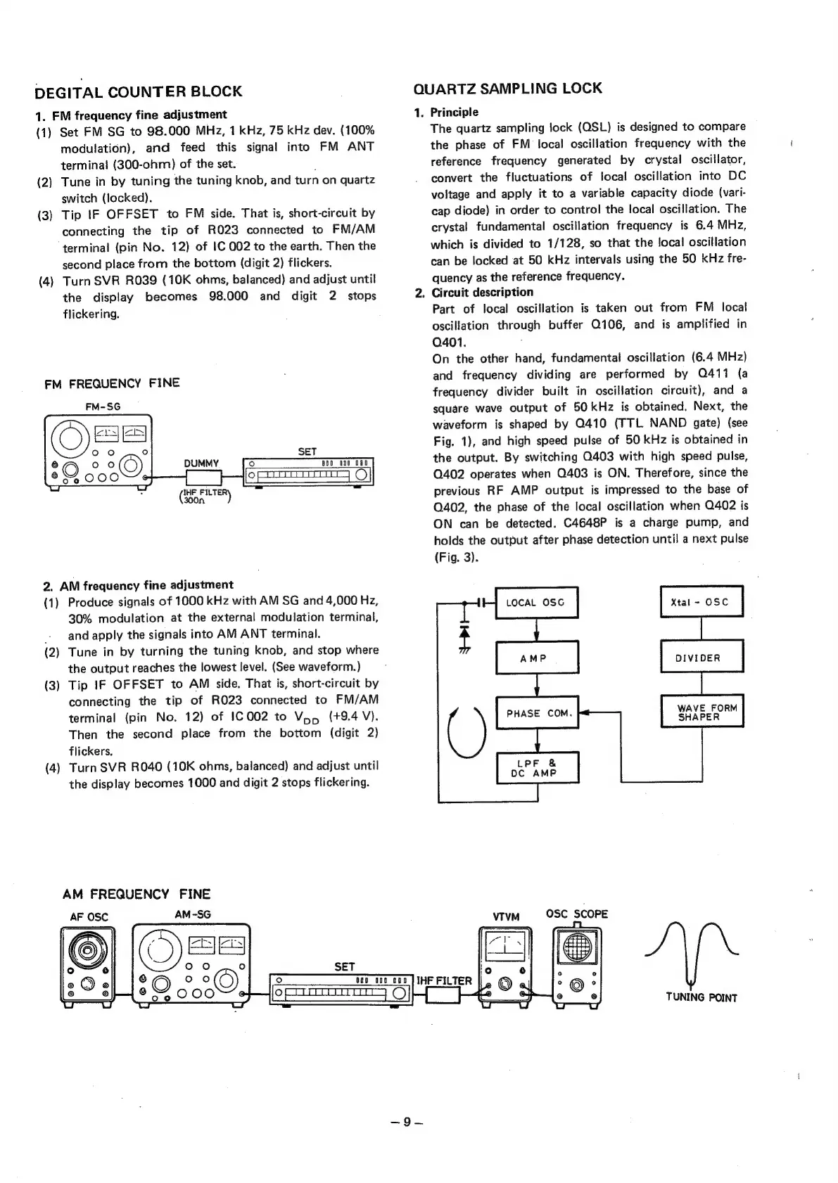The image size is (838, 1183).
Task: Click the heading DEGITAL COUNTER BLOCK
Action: tap(139, 91)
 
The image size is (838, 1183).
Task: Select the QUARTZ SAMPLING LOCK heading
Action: tap(508, 89)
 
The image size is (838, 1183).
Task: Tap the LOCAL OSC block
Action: tap(536, 602)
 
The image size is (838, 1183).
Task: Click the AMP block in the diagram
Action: tap(536, 658)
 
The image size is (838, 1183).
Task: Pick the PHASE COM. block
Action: tap(536, 713)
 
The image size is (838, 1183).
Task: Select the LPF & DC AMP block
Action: tap(536, 768)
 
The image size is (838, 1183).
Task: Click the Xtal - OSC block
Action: tap(701, 602)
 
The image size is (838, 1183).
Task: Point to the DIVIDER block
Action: tap(701, 658)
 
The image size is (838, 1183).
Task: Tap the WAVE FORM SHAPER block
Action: tap(701, 712)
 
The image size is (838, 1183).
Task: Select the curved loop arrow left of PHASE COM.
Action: tap(467, 731)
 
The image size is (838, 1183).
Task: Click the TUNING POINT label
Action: tap(701, 997)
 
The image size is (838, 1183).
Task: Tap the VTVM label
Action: tap(506, 916)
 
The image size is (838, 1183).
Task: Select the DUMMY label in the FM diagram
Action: tap(202, 463)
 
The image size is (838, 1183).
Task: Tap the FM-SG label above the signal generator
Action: tap(103, 407)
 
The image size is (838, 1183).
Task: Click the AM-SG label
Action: tap(193, 914)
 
